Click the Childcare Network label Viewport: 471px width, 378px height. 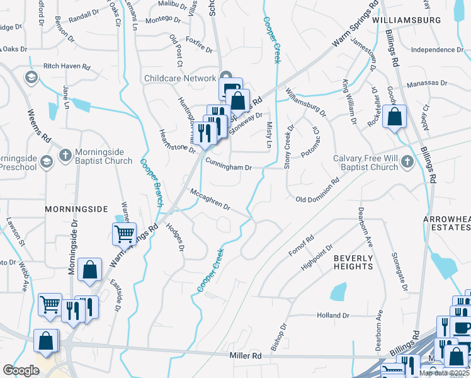coord(179,77)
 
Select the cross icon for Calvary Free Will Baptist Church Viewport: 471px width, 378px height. coord(407,161)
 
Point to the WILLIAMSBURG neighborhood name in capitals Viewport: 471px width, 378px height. coord(406,20)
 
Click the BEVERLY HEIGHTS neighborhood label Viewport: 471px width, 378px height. coord(353,262)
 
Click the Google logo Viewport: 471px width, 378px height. coord(21,370)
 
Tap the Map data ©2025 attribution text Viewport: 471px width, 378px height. coord(445,373)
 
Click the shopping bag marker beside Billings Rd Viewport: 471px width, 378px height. coord(394,117)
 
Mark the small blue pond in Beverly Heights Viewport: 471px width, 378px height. coord(338,291)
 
